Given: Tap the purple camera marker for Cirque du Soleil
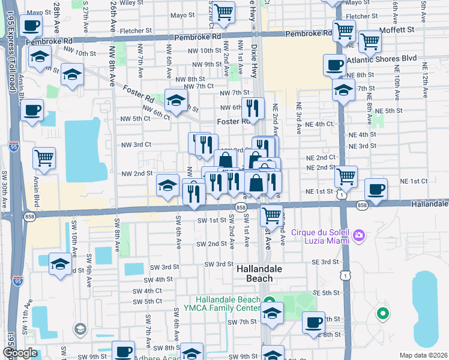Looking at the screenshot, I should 359,233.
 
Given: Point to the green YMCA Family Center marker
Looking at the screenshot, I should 270,301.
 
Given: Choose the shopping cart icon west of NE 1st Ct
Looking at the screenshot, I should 346,176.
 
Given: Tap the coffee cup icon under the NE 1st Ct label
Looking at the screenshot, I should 376,190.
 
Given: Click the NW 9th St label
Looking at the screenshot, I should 206,65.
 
